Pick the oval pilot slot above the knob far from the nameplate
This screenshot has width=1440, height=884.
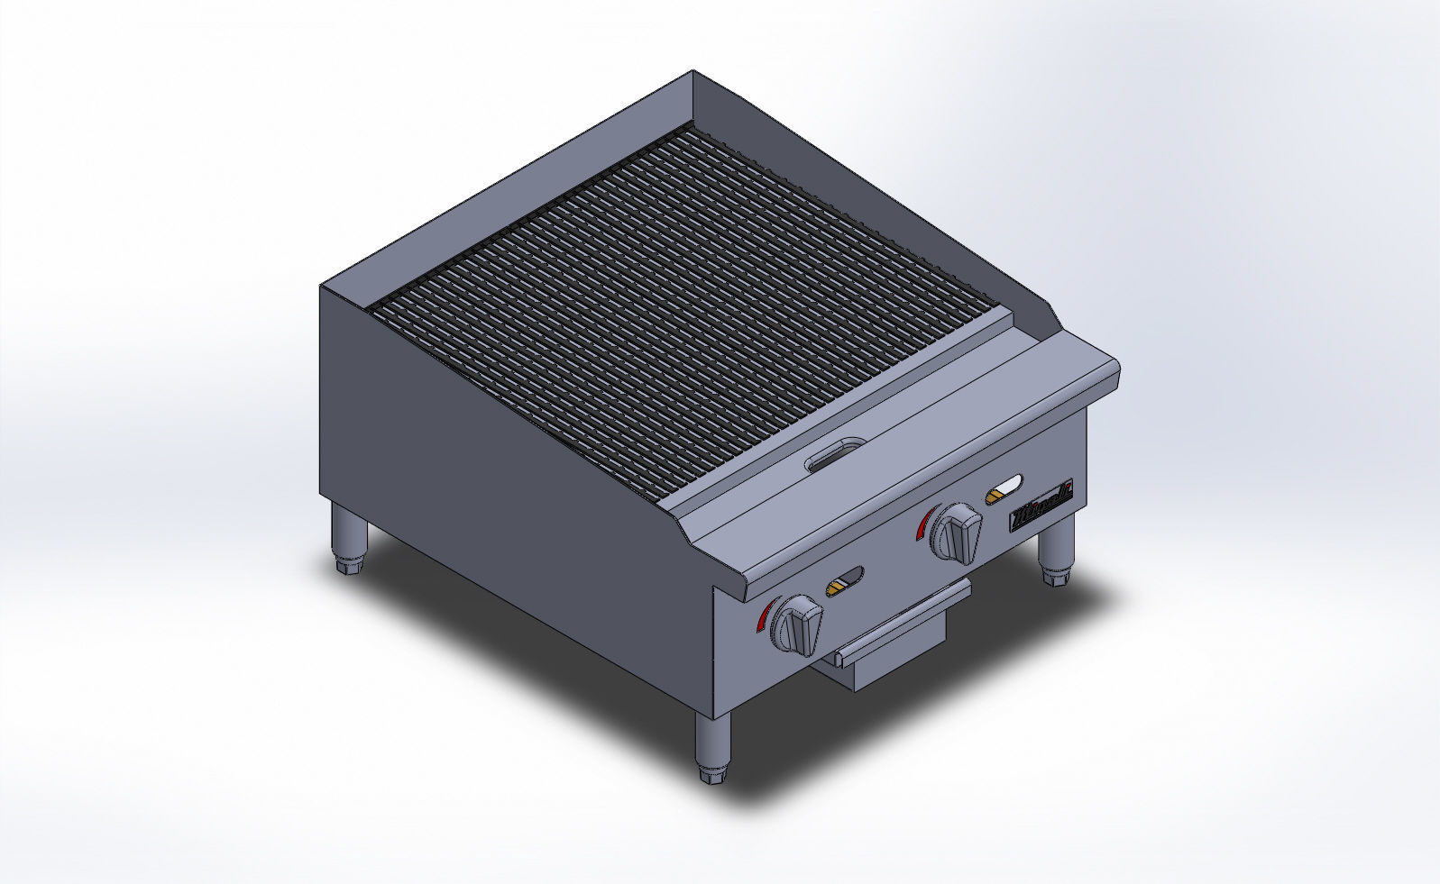(x=845, y=581)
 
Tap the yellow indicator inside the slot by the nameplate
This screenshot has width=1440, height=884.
(x=996, y=495)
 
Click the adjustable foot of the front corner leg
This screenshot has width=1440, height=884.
(x=711, y=772)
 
